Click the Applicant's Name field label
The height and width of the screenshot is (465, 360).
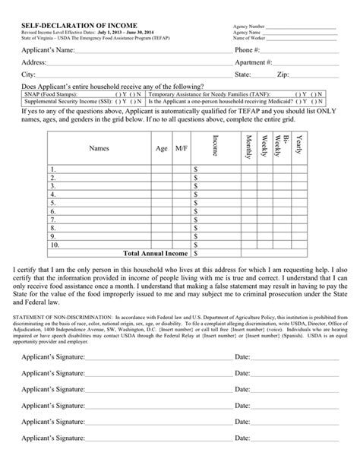click(47, 49)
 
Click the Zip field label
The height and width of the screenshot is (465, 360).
click(283, 75)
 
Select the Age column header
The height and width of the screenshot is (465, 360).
click(161, 149)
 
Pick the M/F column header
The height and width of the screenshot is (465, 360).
click(181, 149)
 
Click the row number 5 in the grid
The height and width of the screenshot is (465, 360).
click(54, 204)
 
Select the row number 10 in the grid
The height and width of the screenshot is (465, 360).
click(55, 245)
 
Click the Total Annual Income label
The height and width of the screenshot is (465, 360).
click(155, 254)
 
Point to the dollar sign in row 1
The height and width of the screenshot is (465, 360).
click(196, 169)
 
